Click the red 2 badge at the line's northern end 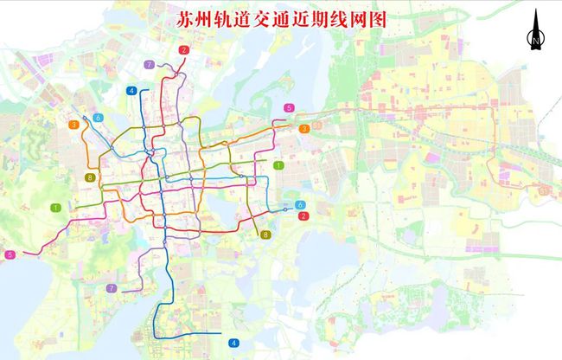[183, 50]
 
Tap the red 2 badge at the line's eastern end [303, 215]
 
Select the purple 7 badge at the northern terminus [150, 65]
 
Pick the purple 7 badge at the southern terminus [111, 288]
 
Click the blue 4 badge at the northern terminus [131, 90]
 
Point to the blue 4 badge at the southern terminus [233, 343]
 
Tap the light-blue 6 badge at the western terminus [99, 118]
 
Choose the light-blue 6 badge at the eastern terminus [300, 204]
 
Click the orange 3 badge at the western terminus [75, 125]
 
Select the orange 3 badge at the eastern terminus [304, 129]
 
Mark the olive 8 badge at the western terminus [90, 178]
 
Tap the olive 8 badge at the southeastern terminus [265, 234]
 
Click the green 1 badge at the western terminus [55, 208]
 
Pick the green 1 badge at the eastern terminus [278, 164]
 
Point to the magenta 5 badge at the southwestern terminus [10, 254]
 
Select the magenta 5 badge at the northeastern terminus [289, 107]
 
